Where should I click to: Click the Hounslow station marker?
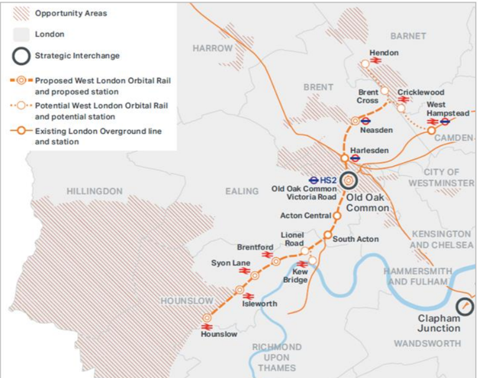207,318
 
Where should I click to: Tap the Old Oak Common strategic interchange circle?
349,180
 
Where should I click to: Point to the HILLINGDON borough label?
95,191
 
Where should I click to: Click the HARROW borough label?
212,48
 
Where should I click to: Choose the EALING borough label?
241,191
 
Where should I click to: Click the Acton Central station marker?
337,215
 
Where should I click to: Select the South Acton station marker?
327,235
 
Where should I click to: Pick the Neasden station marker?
355,121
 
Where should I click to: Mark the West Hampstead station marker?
431,131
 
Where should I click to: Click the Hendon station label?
383,53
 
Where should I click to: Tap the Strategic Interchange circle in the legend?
21,56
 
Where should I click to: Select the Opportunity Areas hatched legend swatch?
21,13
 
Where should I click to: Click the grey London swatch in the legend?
21,34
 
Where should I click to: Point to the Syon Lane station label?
230,263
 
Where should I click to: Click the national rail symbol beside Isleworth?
248,297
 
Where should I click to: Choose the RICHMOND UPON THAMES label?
278,357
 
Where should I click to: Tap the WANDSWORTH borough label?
427,343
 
